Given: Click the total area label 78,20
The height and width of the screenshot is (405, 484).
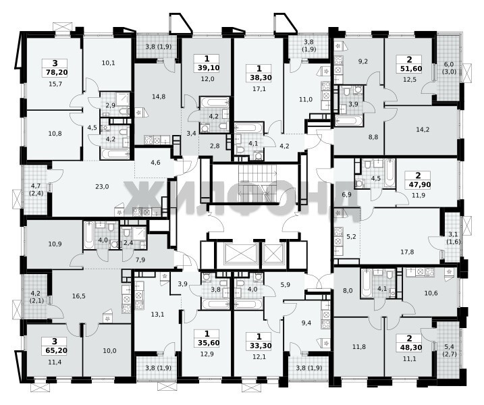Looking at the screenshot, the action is tap(55, 72).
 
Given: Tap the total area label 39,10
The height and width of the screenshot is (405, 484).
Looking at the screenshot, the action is tap(207, 67).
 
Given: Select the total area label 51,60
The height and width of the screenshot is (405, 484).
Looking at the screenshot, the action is tap(409, 69).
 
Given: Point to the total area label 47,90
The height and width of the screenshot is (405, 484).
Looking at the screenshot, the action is tap(419, 184).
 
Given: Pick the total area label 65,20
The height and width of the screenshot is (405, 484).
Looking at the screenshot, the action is tap(55, 351).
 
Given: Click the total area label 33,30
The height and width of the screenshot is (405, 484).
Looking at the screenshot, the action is tap(259, 346).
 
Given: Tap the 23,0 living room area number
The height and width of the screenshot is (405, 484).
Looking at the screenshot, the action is tap(102, 187).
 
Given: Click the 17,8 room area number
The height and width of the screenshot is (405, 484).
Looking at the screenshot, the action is tap(407, 252).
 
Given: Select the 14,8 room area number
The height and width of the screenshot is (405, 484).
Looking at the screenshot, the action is tap(159, 97).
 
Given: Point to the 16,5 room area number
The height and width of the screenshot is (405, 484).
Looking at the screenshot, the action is tap(79, 296).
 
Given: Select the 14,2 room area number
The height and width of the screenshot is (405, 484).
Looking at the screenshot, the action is tap(423, 130).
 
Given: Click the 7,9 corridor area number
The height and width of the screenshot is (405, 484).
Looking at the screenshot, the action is tap(140, 260).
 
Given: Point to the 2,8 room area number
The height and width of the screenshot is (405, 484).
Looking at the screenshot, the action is tap(215, 146).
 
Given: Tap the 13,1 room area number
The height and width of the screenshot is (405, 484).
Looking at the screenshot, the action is tap(157, 315).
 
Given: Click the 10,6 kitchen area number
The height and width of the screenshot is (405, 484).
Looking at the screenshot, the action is tap(431, 293).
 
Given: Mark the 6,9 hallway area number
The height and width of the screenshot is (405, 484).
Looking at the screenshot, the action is tap(347, 195).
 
